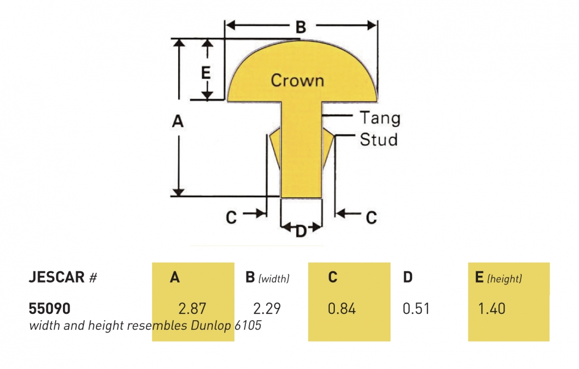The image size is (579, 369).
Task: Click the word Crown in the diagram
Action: click(297, 80)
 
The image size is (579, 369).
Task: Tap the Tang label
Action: click(380, 118)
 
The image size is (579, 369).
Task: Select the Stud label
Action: click(379, 139)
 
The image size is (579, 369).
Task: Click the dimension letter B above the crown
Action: click(301, 27)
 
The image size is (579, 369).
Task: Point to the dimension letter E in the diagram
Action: click(206, 72)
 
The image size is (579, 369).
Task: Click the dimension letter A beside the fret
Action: click(178, 121)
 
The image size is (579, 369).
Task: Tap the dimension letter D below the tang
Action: click(301, 231)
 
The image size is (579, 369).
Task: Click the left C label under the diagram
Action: click(231, 217)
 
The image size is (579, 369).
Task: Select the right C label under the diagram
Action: click(371, 217)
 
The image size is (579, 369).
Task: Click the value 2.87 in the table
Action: click(192, 308)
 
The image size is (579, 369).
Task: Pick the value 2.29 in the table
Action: click(267, 308)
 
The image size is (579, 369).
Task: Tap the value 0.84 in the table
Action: click(342, 308)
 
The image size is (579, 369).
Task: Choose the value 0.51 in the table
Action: click(416, 308)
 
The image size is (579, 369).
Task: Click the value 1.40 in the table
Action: click(492, 308)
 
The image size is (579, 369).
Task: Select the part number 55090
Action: click(49, 308)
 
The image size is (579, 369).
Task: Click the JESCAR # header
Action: click(63, 277)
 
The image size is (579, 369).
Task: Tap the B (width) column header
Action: click(267, 277)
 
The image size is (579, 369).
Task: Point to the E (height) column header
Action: click(498, 277)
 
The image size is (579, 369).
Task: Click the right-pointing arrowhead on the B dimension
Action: click(371, 26)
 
